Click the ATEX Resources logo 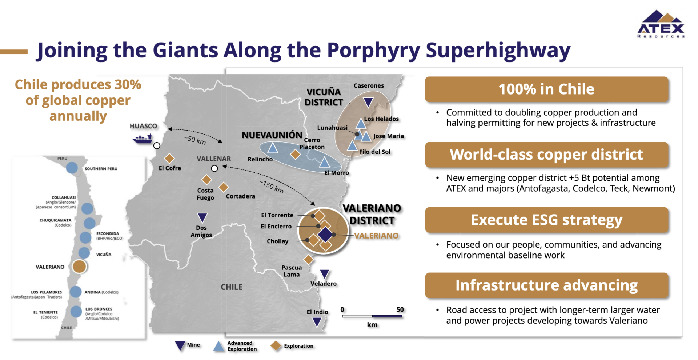click(x=661, y=24)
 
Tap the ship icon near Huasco click(x=143, y=139)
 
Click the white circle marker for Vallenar click(x=214, y=168)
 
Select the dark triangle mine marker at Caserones click(x=368, y=102)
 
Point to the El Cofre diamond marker click(x=169, y=158)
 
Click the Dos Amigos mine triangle click(x=202, y=217)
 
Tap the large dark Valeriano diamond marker click(x=325, y=235)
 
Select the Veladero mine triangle click(x=325, y=274)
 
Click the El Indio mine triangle click(x=317, y=322)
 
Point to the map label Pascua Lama click(x=292, y=271)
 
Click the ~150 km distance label click(x=272, y=187)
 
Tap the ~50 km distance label click(x=195, y=140)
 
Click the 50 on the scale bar click(x=400, y=309)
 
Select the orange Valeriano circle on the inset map click(x=79, y=266)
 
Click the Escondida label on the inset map click(x=108, y=233)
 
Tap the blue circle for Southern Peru click(x=72, y=168)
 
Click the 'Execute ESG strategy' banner click(x=547, y=220)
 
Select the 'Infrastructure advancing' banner click(x=547, y=285)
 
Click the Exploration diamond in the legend click(x=276, y=346)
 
